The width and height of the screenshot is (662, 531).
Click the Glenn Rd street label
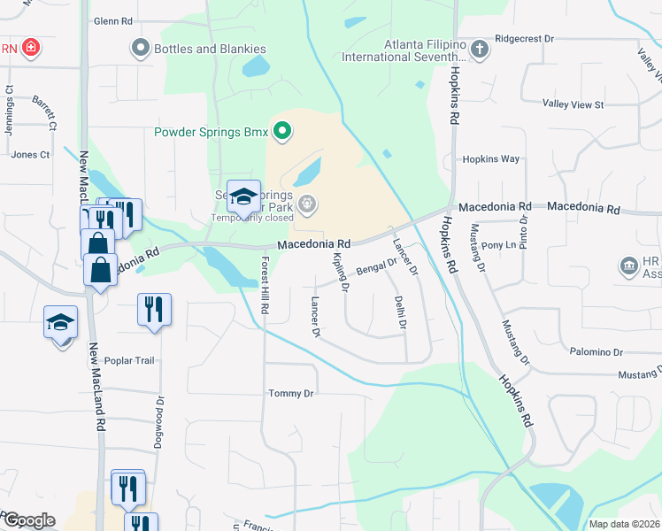tap(112, 20)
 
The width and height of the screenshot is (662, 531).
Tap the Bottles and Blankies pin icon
tap(139, 48)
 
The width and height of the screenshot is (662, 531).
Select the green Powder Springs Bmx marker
tap(282, 133)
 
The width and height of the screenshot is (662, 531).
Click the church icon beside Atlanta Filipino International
tap(480, 49)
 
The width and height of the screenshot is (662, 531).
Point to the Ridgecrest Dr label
tap(524, 39)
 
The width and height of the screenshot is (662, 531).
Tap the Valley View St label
tap(573, 104)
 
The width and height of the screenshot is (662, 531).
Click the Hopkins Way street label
tap(490, 159)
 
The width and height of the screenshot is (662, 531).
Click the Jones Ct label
tap(30, 154)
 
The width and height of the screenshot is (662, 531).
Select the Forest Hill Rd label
tap(264, 286)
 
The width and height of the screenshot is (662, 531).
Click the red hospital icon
tap(32, 48)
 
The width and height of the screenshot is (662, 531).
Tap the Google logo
tap(28, 520)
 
